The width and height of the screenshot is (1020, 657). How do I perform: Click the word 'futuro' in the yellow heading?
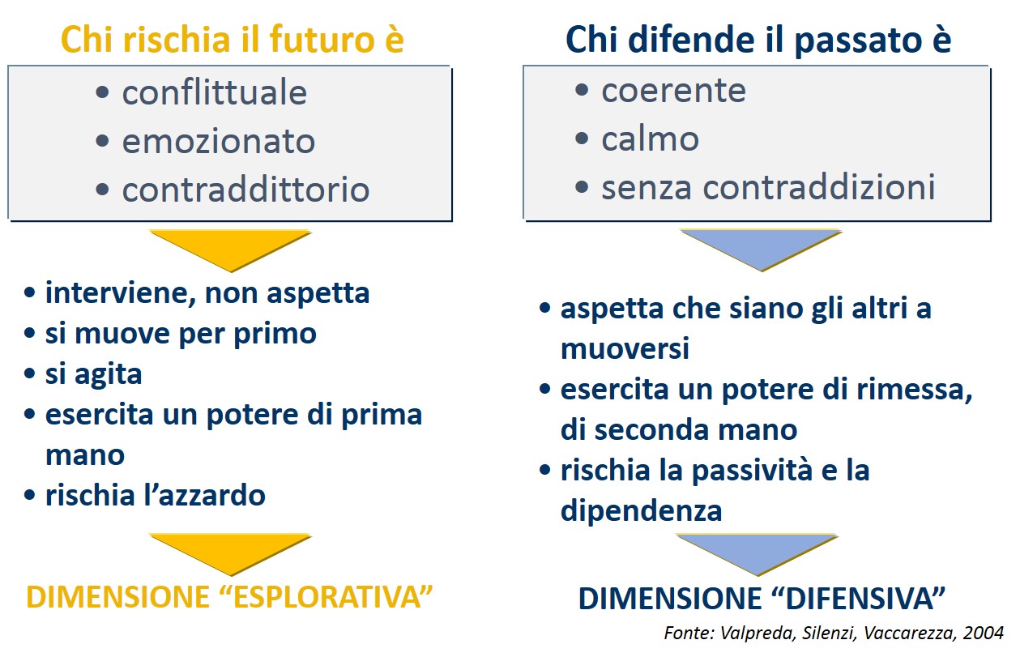(322, 39)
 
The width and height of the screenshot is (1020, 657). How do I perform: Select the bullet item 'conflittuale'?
(215, 92)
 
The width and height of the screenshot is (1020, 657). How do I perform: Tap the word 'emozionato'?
(219, 141)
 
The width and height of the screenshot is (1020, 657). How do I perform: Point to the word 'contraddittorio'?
(246, 189)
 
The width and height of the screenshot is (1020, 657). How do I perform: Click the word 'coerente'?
(673, 91)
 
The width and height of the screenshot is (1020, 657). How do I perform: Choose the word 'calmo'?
(650, 138)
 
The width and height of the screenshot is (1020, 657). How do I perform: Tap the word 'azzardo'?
(211, 495)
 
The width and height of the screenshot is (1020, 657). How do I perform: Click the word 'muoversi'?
(625, 348)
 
